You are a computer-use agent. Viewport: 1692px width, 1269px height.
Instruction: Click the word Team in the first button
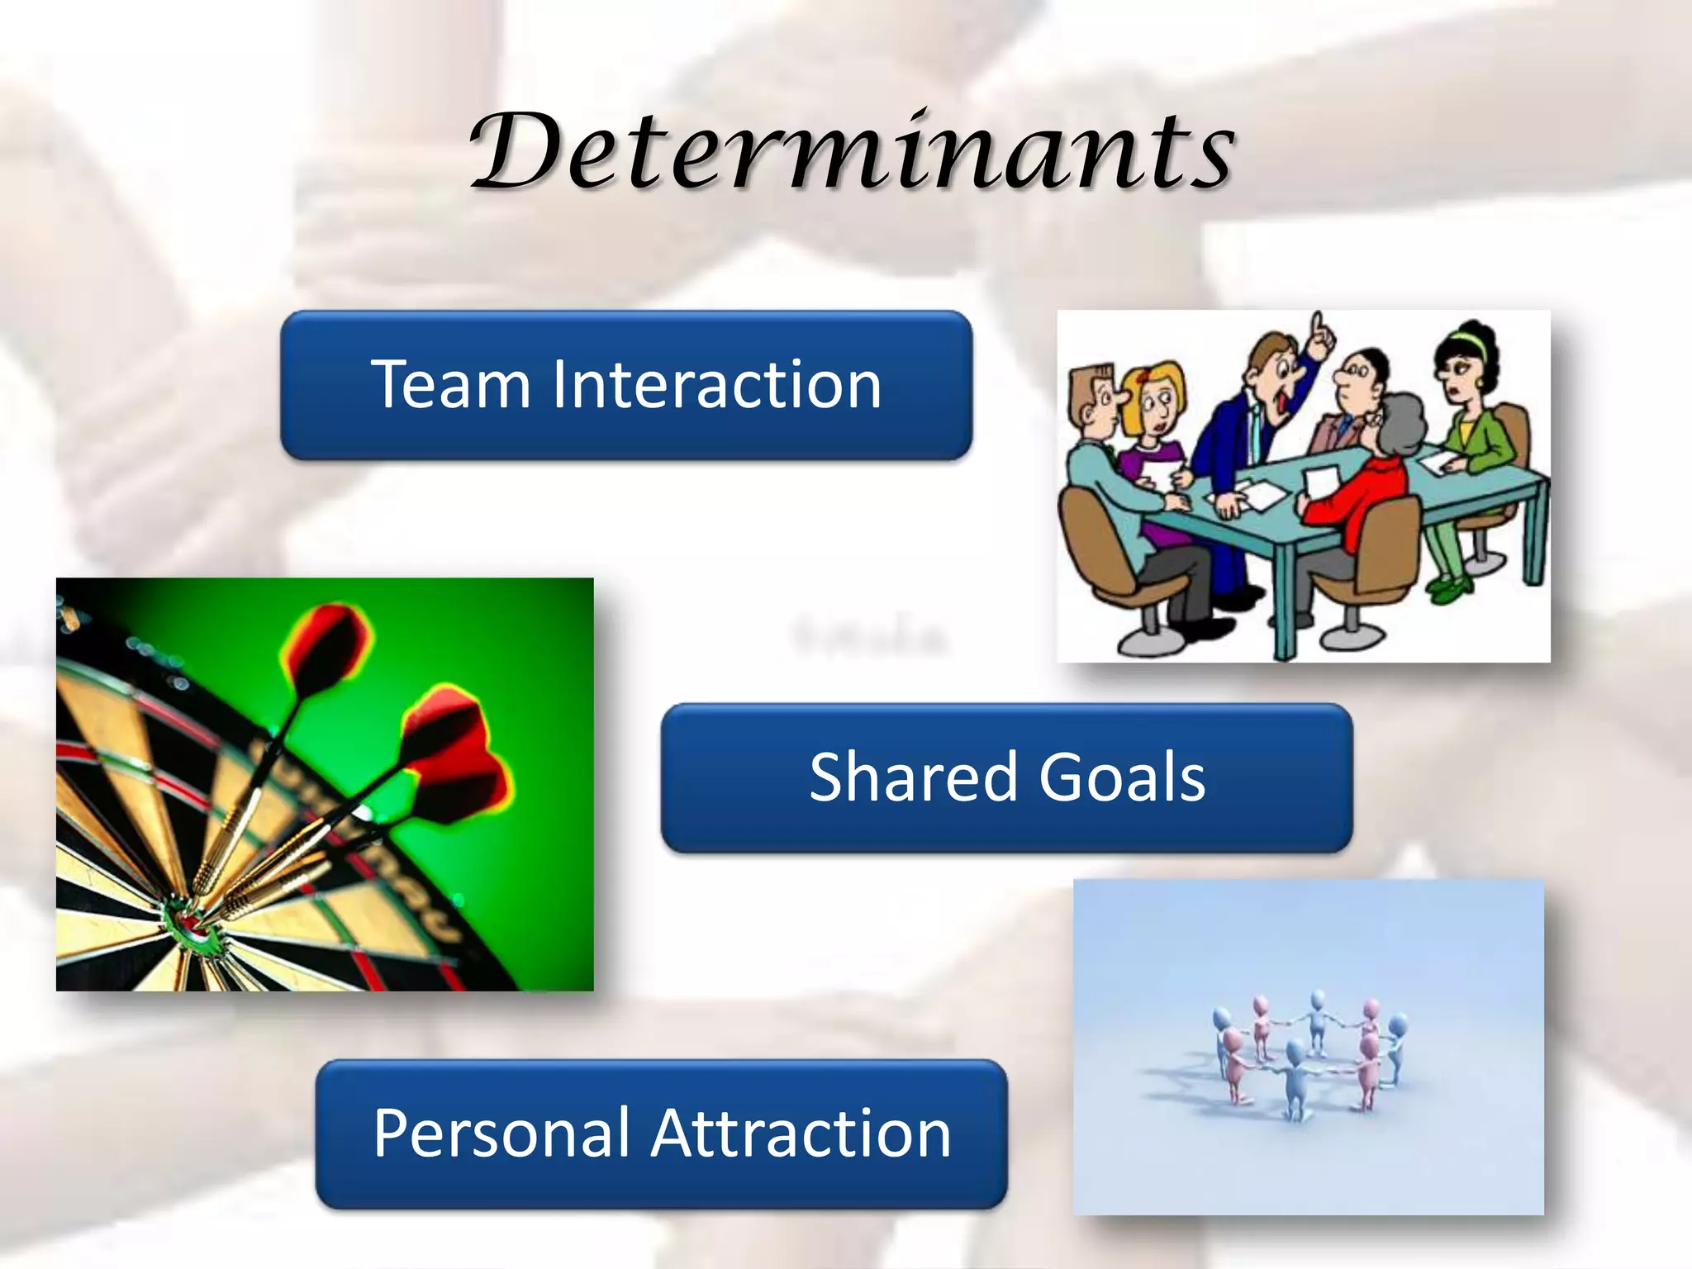tap(449, 385)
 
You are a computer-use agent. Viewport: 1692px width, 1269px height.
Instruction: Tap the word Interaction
tap(715, 385)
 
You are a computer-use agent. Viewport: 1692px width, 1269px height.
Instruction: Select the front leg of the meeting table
tap(1283, 595)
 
